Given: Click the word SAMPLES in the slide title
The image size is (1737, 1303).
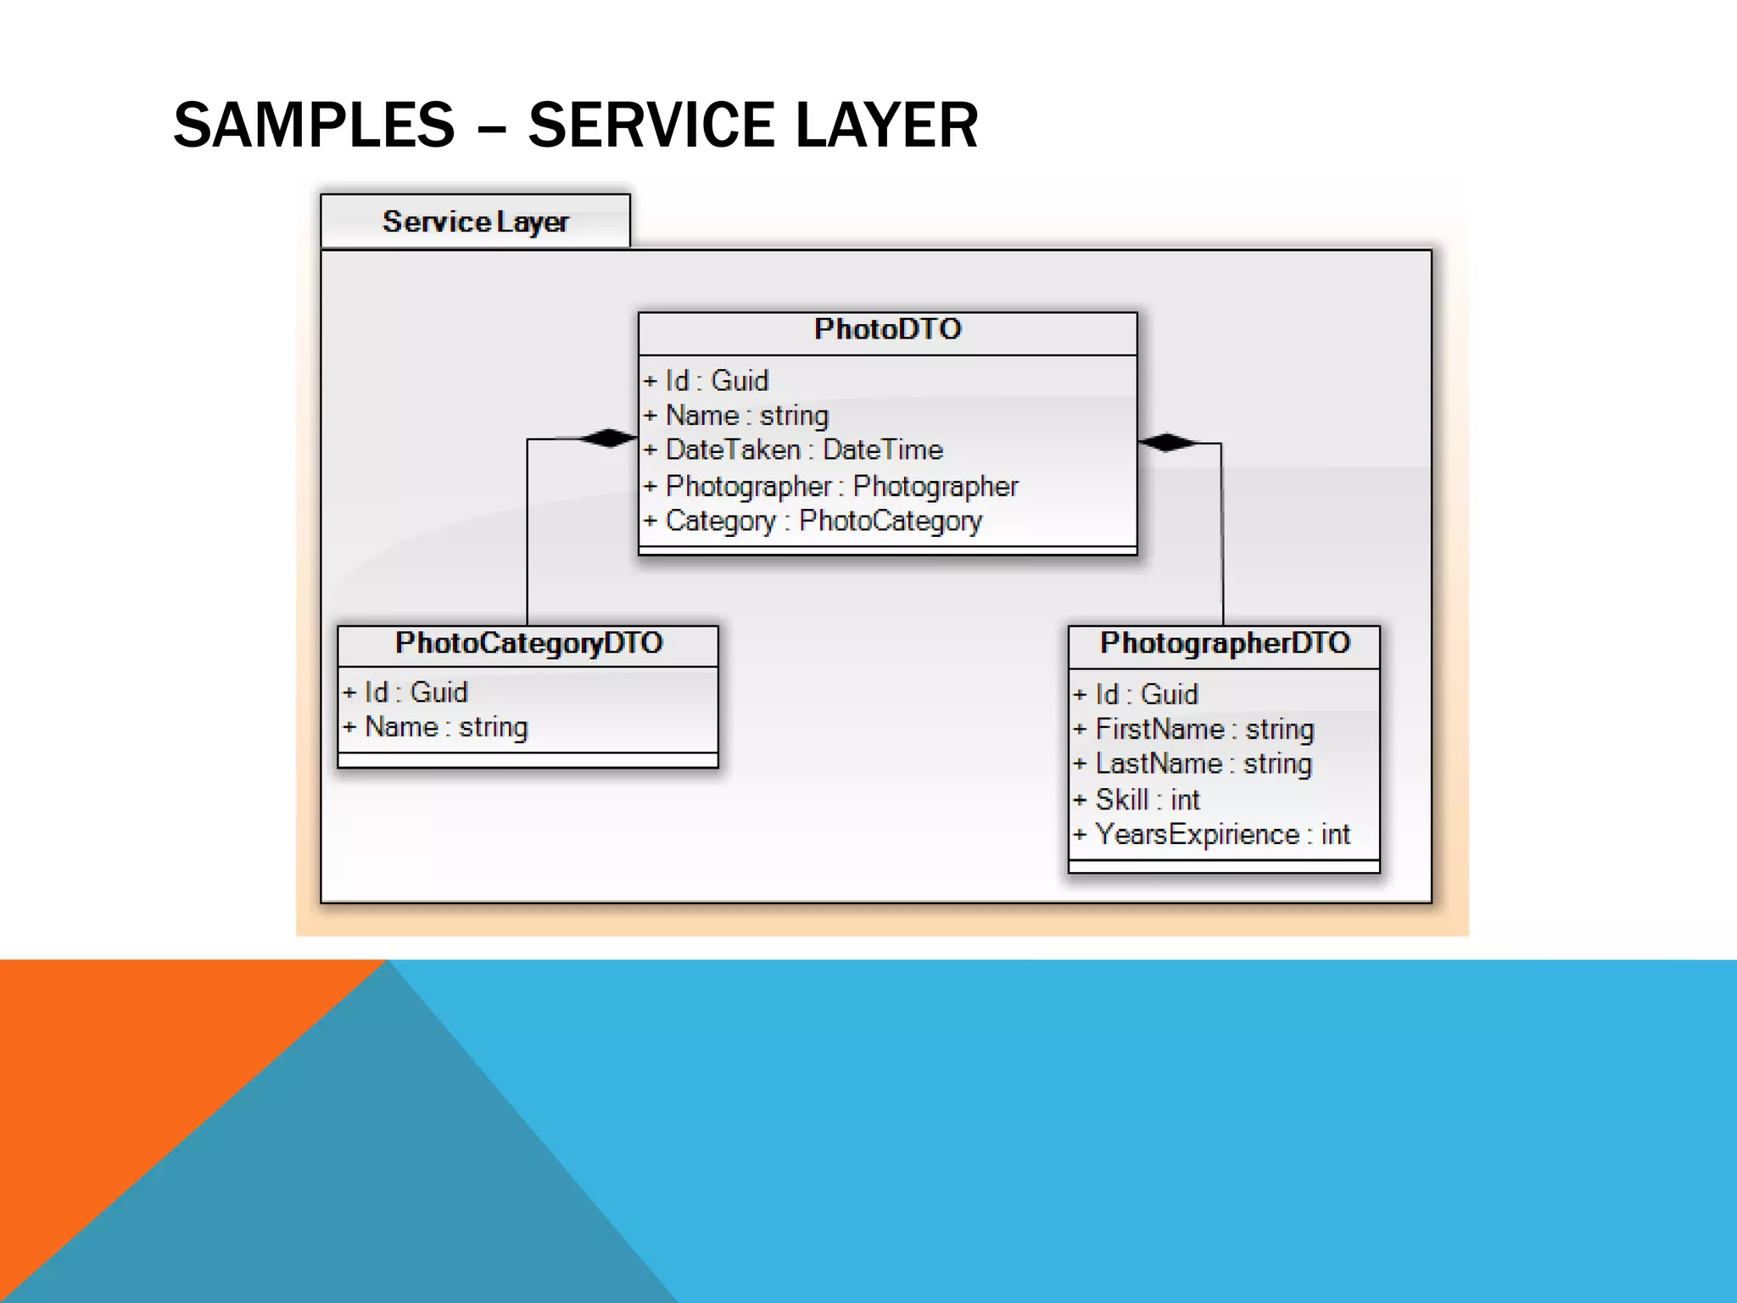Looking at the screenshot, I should [x=314, y=126].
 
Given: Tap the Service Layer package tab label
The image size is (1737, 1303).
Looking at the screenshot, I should [x=475, y=221].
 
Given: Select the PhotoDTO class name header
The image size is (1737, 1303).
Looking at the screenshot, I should [x=887, y=329].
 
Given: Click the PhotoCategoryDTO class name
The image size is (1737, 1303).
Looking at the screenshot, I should [x=528, y=643].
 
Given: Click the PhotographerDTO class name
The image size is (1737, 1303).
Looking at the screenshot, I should [x=1224, y=643].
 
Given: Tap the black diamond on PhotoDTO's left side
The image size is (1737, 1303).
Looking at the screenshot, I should [x=607, y=438].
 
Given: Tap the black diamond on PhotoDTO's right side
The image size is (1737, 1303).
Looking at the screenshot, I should [x=1167, y=442].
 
